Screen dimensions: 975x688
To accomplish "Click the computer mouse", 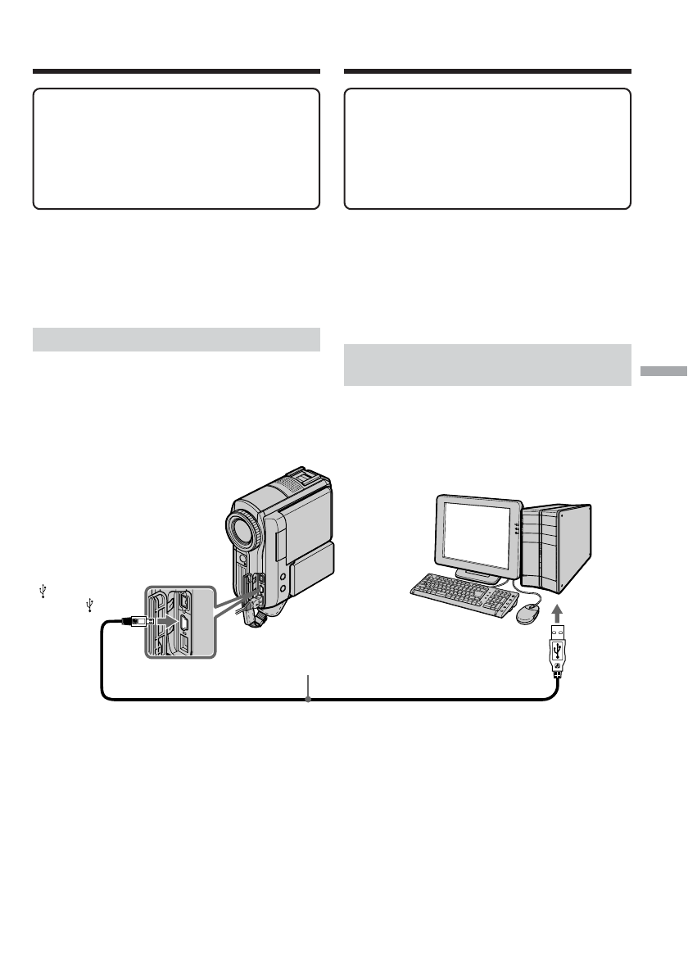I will [x=527, y=610].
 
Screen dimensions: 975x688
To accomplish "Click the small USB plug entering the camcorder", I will [x=135, y=623].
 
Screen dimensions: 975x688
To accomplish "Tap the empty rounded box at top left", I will [x=175, y=148].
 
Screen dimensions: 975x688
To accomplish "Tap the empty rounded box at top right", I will [x=487, y=148].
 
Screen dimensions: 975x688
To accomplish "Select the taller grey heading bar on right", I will [x=487, y=365].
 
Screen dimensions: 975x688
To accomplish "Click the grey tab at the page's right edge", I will [x=663, y=371].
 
